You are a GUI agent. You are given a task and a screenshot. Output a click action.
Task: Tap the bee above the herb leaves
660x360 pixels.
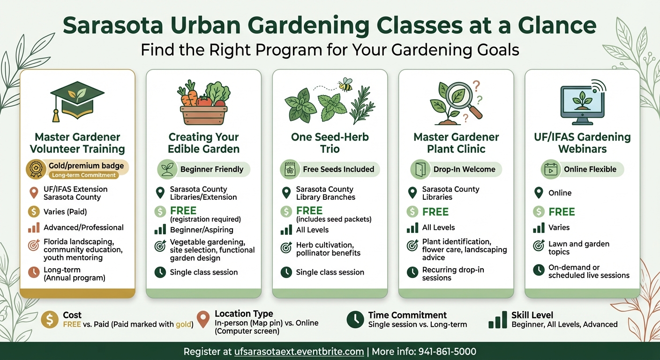tap(346, 84)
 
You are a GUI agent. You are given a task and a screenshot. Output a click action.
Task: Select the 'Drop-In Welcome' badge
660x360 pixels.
tap(456, 169)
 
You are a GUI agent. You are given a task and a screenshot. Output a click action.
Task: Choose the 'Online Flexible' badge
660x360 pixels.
tap(582, 169)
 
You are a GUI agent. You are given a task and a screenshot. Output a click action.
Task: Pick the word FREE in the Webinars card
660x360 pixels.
tap(562, 212)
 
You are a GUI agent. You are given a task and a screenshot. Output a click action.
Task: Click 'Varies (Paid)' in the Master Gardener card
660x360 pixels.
tap(65, 212)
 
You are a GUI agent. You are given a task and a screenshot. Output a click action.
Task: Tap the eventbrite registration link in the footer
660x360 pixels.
tap(299, 352)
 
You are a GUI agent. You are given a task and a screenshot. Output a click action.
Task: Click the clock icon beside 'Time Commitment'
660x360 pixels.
tap(355, 319)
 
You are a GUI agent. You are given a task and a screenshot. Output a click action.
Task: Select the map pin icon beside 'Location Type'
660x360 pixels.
tap(203, 319)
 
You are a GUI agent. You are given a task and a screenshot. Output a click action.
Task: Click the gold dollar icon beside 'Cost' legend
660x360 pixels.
tap(49, 319)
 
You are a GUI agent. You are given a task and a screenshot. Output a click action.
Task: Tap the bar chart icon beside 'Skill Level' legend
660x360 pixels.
tap(497, 320)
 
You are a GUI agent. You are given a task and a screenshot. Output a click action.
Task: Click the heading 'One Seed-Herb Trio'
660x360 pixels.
tap(330, 143)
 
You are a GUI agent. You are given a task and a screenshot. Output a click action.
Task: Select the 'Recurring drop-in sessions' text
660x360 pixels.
tap(453, 274)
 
